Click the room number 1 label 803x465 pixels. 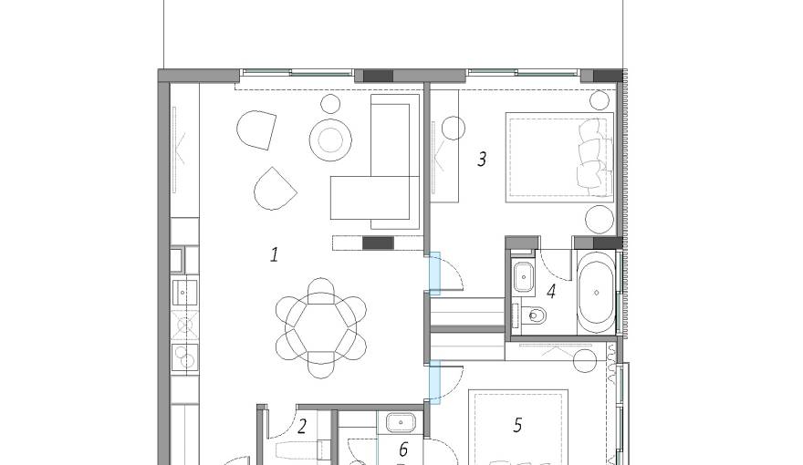274,254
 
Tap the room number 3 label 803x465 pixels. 482,159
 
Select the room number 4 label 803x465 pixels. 550,292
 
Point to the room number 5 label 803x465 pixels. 517,425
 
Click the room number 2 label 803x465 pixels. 301,425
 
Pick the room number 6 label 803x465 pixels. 402,449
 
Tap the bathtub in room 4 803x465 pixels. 598,292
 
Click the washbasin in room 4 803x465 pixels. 524,276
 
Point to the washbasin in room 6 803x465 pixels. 401,423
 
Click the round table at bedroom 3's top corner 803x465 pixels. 599,99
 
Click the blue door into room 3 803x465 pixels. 435,274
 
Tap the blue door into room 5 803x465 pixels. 435,381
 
